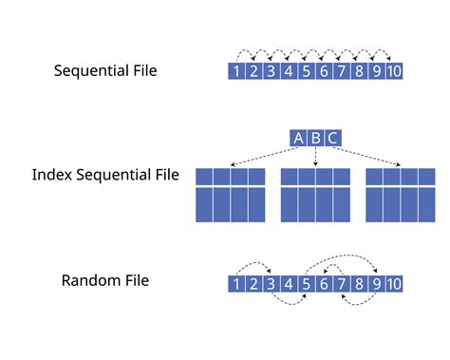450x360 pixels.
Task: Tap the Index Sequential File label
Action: (106, 176)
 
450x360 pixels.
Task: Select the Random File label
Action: (106, 280)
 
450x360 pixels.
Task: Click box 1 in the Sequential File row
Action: (236, 70)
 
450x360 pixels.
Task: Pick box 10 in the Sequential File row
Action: (394, 70)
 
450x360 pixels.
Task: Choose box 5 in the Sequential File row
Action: (305, 70)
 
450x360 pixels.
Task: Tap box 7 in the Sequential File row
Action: (341, 70)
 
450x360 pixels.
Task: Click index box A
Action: (298, 139)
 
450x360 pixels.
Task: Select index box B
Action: (315, 139)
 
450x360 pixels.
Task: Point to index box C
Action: (331, 139)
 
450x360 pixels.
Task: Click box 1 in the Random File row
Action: (236, 283)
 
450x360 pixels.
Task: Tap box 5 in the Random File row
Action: (305, 283)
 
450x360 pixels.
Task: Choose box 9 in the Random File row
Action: (375, 283)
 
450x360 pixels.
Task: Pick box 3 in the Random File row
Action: (271, 283)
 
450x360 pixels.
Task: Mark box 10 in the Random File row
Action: (394, 283)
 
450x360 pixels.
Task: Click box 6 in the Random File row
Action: (323, 283)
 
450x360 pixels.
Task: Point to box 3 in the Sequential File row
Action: (271, 70)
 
